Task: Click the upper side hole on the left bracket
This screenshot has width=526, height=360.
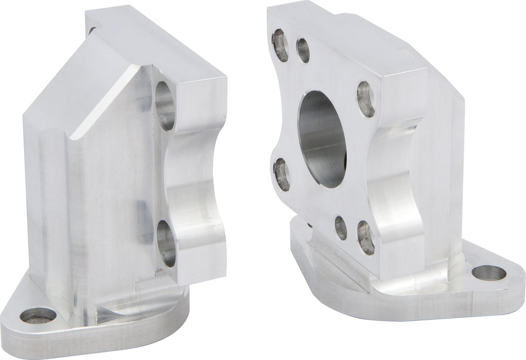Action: pyautogui.click(x=165, y=104)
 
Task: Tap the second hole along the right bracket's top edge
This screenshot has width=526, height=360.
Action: pyautogui.click(x=303, y=50)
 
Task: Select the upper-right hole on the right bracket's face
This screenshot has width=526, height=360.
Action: pyautogui.click(x=365, y=98)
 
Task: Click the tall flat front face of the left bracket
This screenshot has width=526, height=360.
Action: pyautogui.click(x=103, y=206)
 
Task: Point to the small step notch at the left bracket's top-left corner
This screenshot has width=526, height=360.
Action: pyautogui.click(x=93, y=26)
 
